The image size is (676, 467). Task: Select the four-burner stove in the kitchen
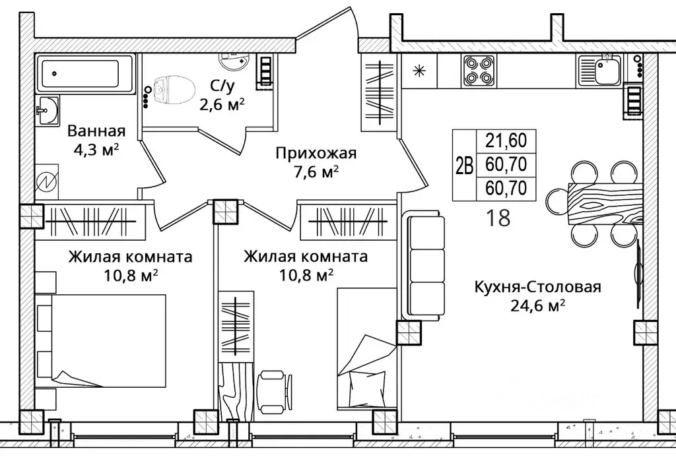[x=478, y=71]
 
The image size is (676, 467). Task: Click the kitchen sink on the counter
[x=598, y=70]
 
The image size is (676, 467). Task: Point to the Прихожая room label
[x=316, y=154]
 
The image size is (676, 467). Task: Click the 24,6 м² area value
[x=537, y=305]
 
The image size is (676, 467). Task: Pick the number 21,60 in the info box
[x=506, y=141]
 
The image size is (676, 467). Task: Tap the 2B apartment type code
[x=464, y=165]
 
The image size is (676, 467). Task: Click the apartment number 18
[x=498, y=217]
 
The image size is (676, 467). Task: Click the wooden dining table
[x=606, y=204]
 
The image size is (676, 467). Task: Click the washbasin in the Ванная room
[x=47, y=111]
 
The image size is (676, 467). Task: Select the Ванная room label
[x=96, y=131]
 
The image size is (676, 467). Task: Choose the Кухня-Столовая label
[x=537, y=286]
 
